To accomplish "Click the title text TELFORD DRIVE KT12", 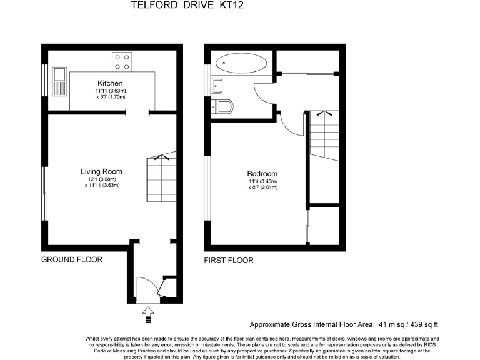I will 178,5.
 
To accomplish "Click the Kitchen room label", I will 110,83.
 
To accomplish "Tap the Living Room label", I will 101,171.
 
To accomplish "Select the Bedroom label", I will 262,174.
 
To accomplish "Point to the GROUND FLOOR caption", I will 72,259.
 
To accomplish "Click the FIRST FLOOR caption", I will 229,260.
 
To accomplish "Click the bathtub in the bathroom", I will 241,63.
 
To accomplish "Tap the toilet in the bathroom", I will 223,106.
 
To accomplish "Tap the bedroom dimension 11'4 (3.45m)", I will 262,181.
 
